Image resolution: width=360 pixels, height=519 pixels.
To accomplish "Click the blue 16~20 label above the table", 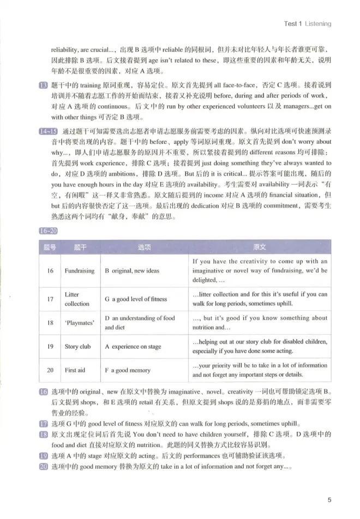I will (x=48, y=231).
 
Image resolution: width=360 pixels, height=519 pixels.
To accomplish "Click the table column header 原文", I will (x=260, y=247).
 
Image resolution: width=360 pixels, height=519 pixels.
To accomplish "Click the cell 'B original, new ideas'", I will (x=132, y=270).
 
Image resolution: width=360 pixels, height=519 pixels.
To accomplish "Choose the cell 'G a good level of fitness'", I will (x=136, y=299).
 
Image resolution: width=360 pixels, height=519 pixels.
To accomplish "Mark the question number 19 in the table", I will (x=50, y=346).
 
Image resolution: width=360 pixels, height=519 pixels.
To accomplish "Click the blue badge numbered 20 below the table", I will (x=44, y=467).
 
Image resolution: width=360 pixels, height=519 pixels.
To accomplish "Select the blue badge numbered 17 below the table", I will (x=44, y=423).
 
